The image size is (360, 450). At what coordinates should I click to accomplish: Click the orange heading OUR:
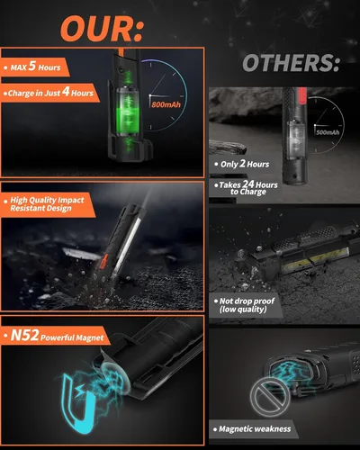(103, 28)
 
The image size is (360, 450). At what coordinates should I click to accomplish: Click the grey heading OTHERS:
(291, 63)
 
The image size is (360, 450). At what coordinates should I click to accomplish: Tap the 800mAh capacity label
(166, 104)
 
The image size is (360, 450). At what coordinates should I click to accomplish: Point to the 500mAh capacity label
(328, 132)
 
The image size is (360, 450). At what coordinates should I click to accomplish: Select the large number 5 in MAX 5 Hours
(32, 66)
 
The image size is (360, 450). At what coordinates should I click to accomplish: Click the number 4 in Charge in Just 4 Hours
(66, 92)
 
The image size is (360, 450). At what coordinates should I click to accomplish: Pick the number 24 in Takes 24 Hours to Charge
(248, 184)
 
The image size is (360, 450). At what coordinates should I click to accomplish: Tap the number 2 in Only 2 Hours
(243, 163)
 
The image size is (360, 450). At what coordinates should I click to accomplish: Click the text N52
(24, 335)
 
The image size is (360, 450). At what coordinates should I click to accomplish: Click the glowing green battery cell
(128, 111)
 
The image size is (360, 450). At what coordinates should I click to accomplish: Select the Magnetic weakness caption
(255, 429)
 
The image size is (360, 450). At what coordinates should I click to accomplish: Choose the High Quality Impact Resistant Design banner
(47, 204)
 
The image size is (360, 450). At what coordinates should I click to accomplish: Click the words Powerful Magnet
(72, 337)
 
